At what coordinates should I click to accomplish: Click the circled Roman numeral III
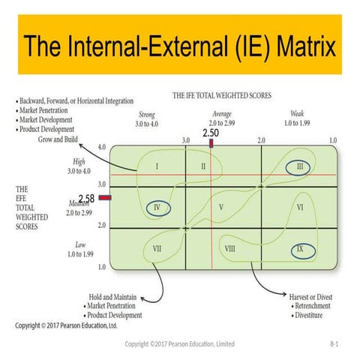pyautogui.click(x=299, y=166)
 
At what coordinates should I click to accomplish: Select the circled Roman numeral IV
pyautogui.click(x=157, y=207)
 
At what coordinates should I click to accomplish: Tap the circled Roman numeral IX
pyautogui.click(x=300, y=248)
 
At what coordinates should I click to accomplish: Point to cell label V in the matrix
pyautogui.click(x=221, y=206)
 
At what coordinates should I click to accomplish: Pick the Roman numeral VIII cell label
pyautogui.click(x=230, y=247)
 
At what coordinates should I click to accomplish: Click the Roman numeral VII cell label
pyautogui.click(x=157, y=247)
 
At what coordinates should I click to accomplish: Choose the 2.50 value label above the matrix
pyautogui.click(x=211, y=133)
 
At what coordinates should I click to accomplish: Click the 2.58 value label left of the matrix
pyautogui.click(x=87, y=198)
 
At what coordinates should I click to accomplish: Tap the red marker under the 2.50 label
pyautogui.click(x=211, y=142)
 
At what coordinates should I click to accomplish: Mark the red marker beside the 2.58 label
pyautogui.click(x=104, y=198)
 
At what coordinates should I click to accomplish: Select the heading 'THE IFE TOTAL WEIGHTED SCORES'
pyautogui.click(x=222, y=96)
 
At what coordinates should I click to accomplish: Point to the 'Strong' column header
pyautogui.click(x=148, y=113)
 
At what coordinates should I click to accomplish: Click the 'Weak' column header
pyautogui.click(x=297, y=113)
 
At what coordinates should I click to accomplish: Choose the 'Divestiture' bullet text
pyautogui.click(x=316, y=316)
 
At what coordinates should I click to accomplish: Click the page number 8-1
pyautogui.click(x=334, y=343)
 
